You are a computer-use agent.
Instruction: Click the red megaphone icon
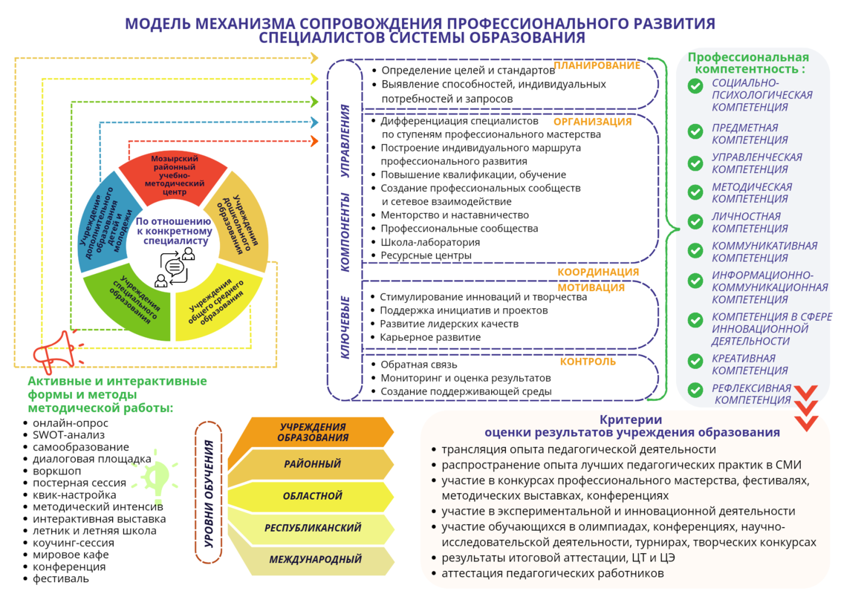click(x=55, y=351)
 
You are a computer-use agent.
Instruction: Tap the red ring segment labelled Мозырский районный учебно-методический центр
click(x=172, y=177)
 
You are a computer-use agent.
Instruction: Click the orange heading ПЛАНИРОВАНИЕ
click(x=597, y=65)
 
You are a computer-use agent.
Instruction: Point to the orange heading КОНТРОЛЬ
click(x=588, y=362)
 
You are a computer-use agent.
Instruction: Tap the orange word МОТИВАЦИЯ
click(x=591, y=287)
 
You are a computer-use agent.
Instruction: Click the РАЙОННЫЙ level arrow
click(x=311, y=464)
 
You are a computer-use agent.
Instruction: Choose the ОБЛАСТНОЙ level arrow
click(x=311, y=496)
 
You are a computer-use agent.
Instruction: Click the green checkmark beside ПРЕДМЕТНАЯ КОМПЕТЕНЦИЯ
click(x=695, y=131)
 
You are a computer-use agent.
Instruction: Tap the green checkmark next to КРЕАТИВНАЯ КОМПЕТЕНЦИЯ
click(x=695, y=362)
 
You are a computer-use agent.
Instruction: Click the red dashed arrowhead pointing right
click(x=315, y=142)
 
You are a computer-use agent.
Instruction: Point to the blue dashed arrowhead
click(x=315, y=123)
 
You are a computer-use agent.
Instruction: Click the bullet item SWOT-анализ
click(x=68, y=435)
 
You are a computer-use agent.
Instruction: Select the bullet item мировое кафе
click(x=71, y=555)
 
